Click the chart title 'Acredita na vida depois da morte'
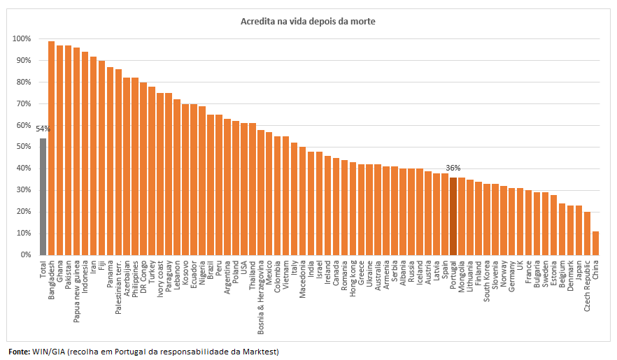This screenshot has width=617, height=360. tap(308, 22)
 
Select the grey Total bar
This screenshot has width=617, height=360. tap(43, 196)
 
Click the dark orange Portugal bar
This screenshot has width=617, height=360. tap(453, 216)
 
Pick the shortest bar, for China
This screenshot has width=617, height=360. tap(596, 243)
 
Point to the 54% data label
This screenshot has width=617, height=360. tap(43, 129)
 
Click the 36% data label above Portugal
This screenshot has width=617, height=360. tap(453, 168)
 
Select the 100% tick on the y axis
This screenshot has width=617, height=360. tap(22, 39)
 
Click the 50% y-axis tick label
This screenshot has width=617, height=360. tap(23, 147)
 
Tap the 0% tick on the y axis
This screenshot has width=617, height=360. tap(25, 255)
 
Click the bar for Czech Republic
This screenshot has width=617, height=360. tap(588, 233)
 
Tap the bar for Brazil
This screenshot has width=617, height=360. tap(211, 185)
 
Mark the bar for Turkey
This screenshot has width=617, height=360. tap(152, 171)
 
